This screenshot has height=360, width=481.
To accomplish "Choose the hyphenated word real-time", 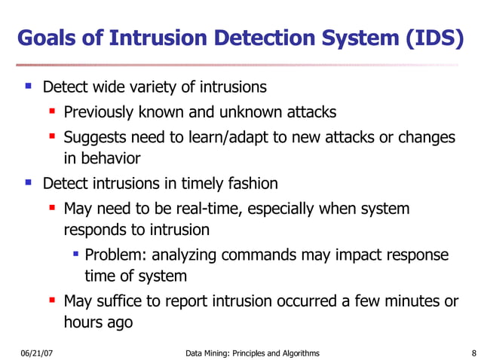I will coord(205,209).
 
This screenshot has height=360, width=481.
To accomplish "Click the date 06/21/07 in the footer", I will coord(36,352).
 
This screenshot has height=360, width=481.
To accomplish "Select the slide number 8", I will coord(471,352).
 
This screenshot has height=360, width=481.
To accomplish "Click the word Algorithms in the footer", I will coord(297,352).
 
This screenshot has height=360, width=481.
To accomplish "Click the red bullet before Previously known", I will coord(52,112).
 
